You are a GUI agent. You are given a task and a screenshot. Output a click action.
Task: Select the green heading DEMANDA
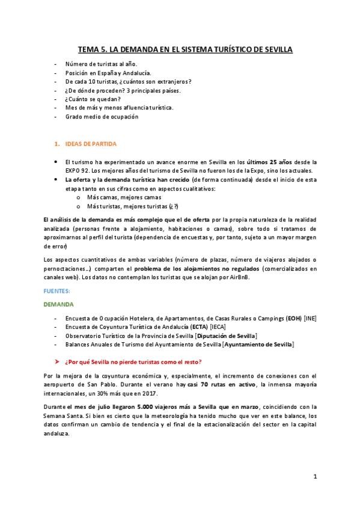click(x=59, y=304)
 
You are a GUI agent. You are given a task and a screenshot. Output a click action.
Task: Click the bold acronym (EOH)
click(x=294, y=318)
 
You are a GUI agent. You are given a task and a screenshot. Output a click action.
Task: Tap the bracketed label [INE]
click(x=310, y=318)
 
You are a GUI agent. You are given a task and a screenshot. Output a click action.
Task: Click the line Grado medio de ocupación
click(x=102, y=117)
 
